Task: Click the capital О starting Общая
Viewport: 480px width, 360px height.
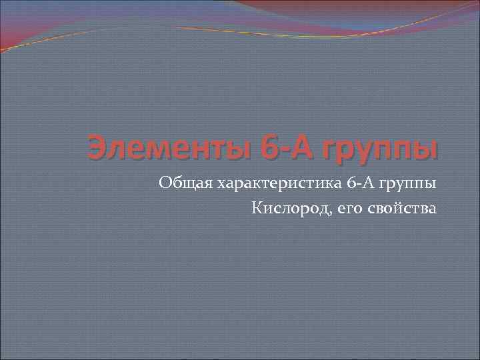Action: click(165, 182)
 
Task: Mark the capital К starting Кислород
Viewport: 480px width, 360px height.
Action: click(257, 209)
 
